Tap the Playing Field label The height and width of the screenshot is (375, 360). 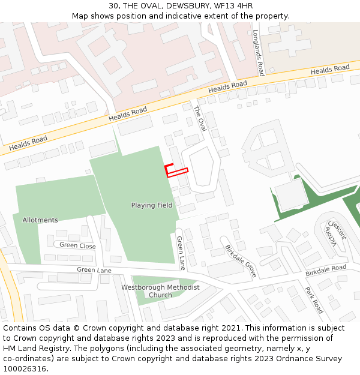click(x=152, y=205)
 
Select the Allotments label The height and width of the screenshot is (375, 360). click(x=40, y=220)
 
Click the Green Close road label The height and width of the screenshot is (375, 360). click(x=77, y=245)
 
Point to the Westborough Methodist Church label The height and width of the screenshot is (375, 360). click(x=160, y=291)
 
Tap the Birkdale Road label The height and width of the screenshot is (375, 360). click(x=326, y=270)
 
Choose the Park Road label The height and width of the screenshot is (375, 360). click(x=314, y=300)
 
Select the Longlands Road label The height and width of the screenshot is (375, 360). click(x=259, y=53)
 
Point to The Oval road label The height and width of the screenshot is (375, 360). click(x=199, y=119)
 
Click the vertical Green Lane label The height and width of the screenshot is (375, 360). click(x=180, y=253)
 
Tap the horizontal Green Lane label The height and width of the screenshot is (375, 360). click(x=94, y=270)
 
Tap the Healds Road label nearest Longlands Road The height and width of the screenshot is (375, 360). click(x=329, y=70)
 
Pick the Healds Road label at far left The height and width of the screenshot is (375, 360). click(x=28, y=143)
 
